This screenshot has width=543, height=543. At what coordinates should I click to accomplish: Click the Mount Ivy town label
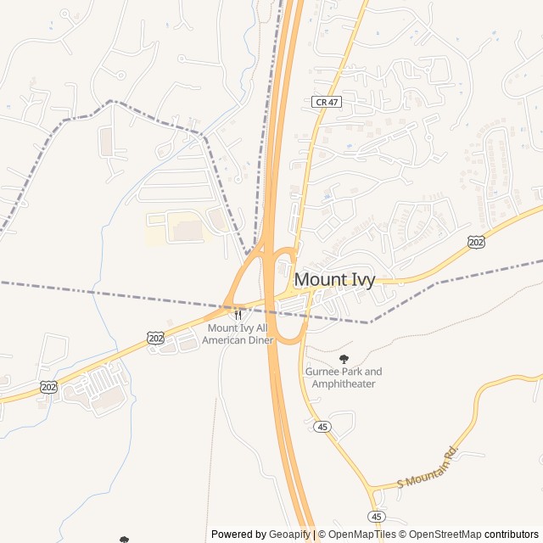pyautogui.click(x=334, y=279)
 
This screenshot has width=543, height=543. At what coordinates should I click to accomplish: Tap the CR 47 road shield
pyautogui.click(x=324, y=102)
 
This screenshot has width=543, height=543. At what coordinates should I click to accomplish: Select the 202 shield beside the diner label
pyautogui.click(x=155, y=338)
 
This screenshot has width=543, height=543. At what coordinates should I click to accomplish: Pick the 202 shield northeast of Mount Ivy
pyautogui.click(x=476, y=243)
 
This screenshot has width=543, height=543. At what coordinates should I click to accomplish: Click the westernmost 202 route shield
pyautogui.click(x=48, y=387)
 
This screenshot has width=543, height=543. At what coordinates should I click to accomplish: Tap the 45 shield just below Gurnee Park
pyautogui.click(x=322, y=427)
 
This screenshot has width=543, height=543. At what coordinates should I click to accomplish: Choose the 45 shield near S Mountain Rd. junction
pyautogui.click(x=377, y=516)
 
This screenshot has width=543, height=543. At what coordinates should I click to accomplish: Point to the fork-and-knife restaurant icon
pyautogui.click(x=238, y=315)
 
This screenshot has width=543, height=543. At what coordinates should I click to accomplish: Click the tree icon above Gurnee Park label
pyautogui.click(x=344, y=359)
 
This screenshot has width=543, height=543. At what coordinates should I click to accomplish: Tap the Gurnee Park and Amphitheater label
pyautogui.click(x=344, y=378)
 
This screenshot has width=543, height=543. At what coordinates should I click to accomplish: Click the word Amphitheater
pyautogui.click(x=344, y=384)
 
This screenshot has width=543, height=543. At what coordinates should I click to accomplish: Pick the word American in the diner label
pyautogui.click(x=228, y=340)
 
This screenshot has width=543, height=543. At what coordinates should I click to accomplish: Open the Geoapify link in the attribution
pyautogui.click(x=289, y=535)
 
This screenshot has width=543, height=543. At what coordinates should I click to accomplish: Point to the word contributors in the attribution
pyautogui.click(x=512, y=535)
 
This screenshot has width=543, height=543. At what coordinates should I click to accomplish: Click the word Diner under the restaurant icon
pyautogui.click(x=260, y=340)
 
